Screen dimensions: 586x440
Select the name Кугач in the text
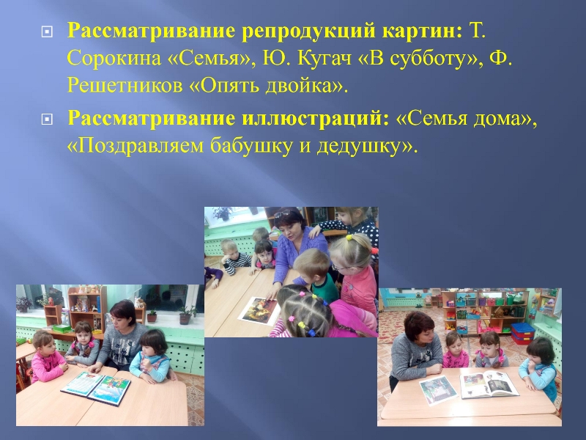(x=324, y=59)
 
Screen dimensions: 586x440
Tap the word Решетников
(x=125, y=86)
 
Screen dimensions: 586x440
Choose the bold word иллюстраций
(x=316, y=119)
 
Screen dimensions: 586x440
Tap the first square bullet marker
(x=47, y=32)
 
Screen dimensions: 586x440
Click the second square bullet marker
(x=47, y=120)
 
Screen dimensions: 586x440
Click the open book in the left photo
(x=96, y=388)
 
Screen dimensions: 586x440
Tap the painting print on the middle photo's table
(x=259, y=310)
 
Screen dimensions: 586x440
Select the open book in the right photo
(x=489, y=384)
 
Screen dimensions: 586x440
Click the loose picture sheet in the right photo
(x=438, y=390)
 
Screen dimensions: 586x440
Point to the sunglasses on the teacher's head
(x=284, y=213)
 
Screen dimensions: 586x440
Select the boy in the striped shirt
(x=234, y=257)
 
